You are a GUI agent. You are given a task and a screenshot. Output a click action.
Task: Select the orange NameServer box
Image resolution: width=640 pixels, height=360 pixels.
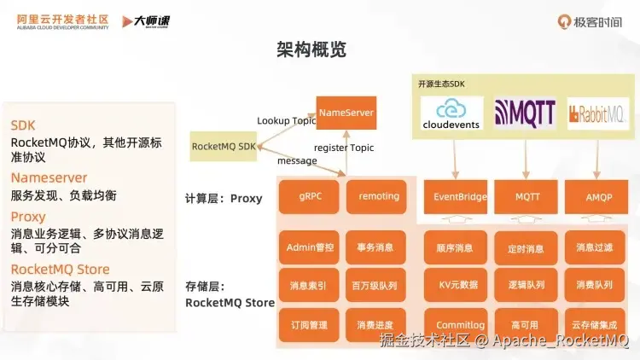pyautogui.click(x=346, y=113)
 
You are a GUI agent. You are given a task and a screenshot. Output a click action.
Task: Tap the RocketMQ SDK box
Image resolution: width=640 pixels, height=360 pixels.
pyautogui.click(x=224, y=147)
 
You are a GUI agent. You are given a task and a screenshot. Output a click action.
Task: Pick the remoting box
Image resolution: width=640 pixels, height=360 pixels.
pyautogui.click(x=379, y=196)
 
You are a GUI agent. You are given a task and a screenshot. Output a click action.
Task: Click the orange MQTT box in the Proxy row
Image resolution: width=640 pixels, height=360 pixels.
pyautogui.click(x=527, y=197)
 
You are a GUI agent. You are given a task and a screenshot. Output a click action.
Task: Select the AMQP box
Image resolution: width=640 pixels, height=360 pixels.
pyautogui.click(x=597, y=197)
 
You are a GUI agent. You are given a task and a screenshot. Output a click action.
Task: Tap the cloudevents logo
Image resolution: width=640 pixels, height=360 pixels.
pyautogui.click(x=451, y=113)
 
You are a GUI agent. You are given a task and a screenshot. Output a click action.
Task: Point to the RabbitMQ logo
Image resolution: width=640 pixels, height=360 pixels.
pyautogui.click(x=598, y=113)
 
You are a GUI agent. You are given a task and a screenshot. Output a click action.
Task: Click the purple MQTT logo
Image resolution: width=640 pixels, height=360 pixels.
pyautogui.click(x=525, y=113)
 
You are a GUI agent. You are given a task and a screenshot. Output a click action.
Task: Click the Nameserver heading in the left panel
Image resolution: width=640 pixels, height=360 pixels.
pyautogui.click(x=49, y=177)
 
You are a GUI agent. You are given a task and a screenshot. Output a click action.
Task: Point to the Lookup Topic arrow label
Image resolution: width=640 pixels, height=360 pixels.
pyautogui.click(x=286, y=121)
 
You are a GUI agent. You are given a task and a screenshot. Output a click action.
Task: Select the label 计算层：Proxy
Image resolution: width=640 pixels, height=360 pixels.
pyautogui.click(x=223, y=199)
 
